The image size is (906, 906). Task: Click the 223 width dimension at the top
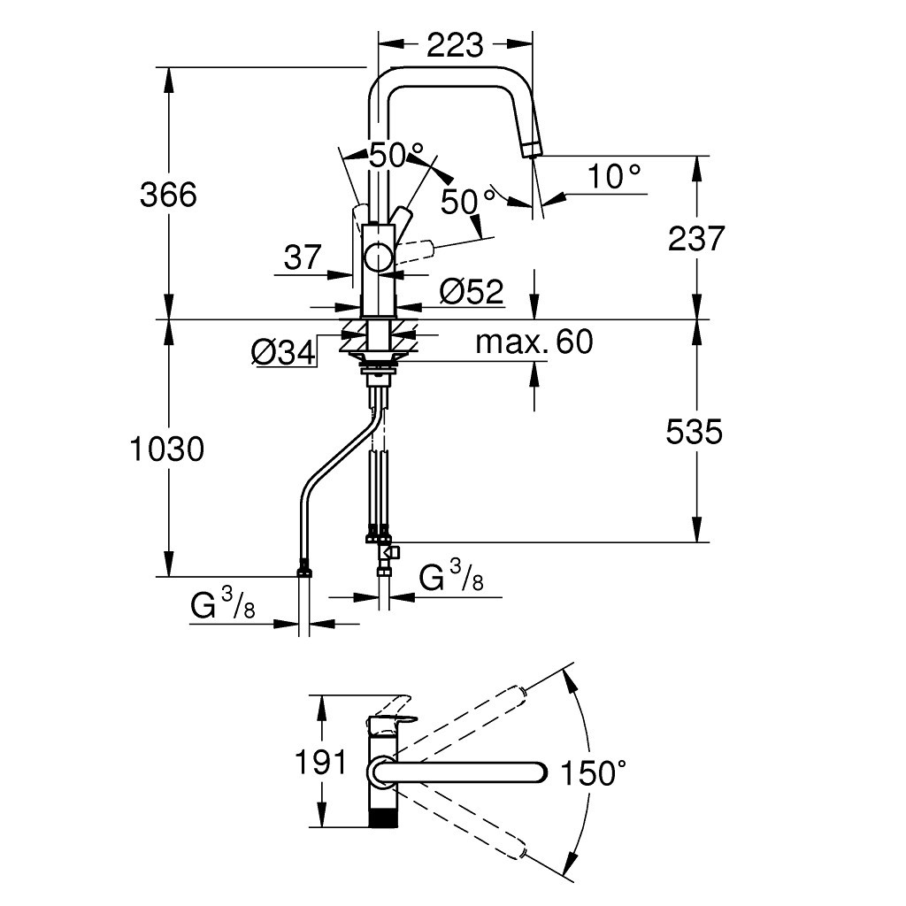[x=455, y=45]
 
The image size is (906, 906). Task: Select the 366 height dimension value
[x=168, y=194]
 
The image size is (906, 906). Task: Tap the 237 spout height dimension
[x=695, y=238]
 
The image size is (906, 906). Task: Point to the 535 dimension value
[x=695, y=432]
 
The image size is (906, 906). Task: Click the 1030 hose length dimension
[x=167, y=449]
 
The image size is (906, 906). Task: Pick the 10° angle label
[x=615, y=178]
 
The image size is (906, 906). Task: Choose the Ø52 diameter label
[x=471, y=291]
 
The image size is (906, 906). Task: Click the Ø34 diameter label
[x=283, y=353]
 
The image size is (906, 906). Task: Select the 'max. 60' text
[x=534, y=342]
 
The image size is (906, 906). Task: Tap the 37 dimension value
[x=303, y=257]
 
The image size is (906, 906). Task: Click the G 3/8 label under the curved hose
[x=224, y=606]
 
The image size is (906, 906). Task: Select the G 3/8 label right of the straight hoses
[x=451, y=579]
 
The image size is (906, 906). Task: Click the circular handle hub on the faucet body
[x=379, y=258]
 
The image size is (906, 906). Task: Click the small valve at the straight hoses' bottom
[x=389, y=553]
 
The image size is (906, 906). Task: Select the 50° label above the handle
[x=397, y=157]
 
